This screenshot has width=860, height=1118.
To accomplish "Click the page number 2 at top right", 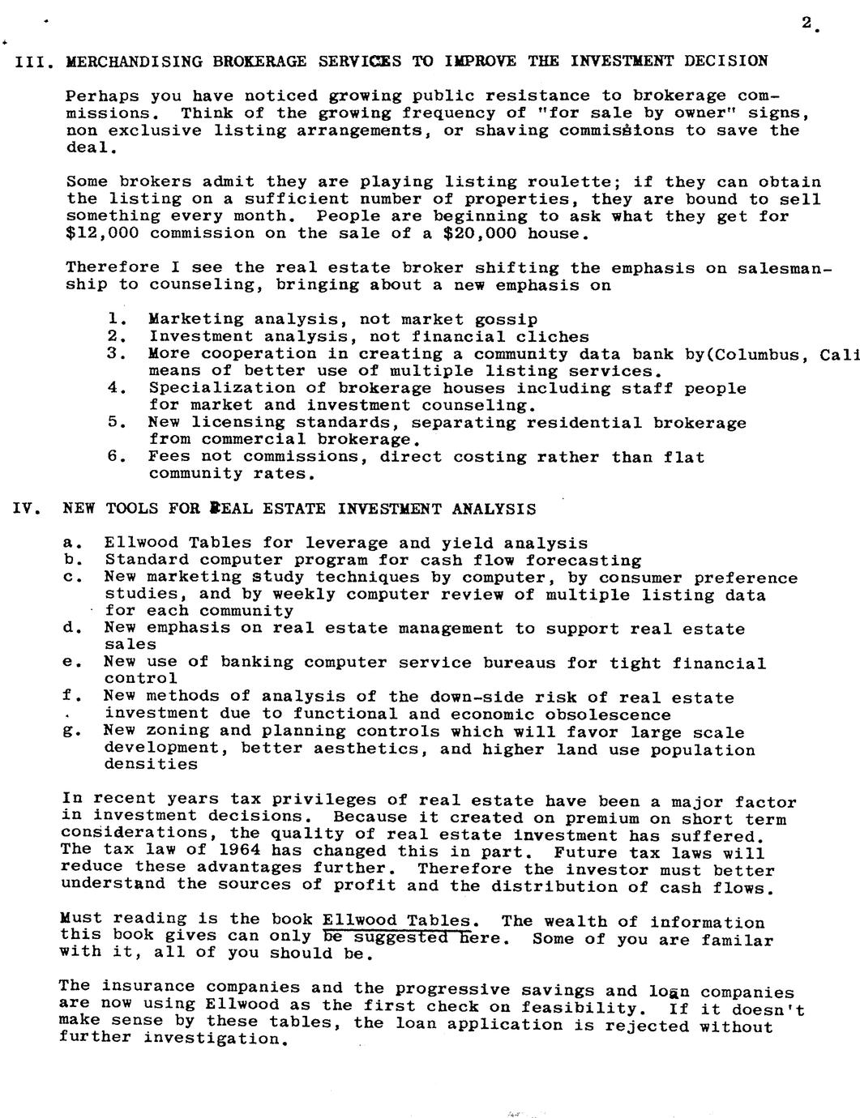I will pyautogui.click(x=807, y=23).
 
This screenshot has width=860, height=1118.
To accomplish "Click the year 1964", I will pyautogui.click(x=239, y=851).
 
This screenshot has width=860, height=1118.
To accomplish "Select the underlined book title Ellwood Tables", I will pyautogui.click(x=396, y=920).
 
